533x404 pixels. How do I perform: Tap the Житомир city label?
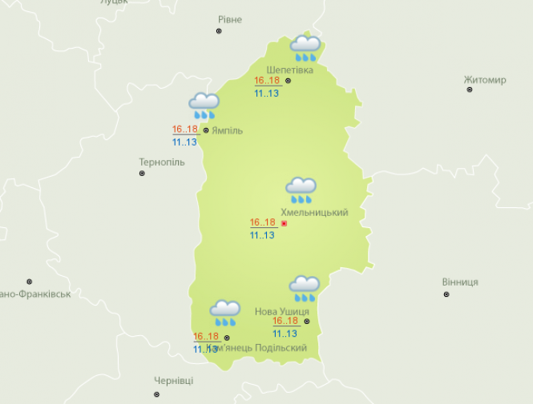click(485, 80)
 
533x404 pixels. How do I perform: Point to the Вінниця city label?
click(460, 282)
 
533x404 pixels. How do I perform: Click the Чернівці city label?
click(174, 381)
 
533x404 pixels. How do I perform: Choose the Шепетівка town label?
click(289, 69)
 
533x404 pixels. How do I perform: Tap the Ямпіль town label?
click(228, 130)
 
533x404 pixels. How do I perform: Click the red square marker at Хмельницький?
click(284, 223)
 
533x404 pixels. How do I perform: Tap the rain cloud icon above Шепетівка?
click(305, 48)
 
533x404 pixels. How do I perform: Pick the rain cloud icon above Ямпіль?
click(204, 106)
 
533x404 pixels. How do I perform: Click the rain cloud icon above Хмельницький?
click(301, 190)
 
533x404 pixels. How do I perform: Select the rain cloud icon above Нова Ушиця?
click(304, 288)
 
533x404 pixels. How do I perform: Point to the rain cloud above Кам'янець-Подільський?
click(224, 313)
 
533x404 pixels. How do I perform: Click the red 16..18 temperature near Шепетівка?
click(265, 81)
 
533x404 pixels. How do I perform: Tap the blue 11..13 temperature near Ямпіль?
click(184, 142)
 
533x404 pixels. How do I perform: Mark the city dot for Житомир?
click(470, 90)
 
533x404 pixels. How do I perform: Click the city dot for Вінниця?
click(446, 294)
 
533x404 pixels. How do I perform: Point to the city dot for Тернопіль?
click(143, 174)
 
